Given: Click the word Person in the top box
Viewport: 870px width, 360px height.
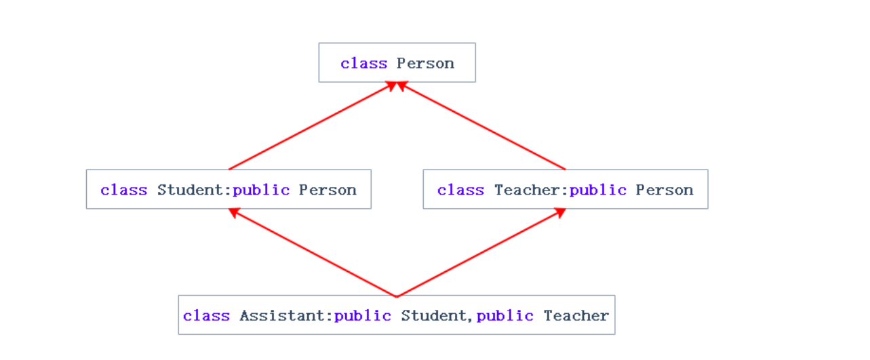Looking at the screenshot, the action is coord(425,64).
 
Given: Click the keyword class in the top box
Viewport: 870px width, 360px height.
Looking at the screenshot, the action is coord(363,64).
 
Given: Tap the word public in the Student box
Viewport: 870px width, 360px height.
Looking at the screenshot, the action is coord(261,190).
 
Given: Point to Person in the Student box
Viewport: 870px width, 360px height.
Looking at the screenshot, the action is coord(328,190).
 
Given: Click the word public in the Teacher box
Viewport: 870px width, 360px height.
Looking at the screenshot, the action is coord(598,190).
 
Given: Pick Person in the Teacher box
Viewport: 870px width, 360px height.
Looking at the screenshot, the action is coord(665,190).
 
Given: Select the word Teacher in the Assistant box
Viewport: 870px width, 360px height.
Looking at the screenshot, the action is coord(576,316).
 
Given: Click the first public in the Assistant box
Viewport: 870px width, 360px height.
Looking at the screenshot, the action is coord(363,316).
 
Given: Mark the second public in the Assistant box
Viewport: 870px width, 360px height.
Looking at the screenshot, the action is coord(505,316).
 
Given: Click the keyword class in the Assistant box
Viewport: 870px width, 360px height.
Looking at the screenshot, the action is coord(206,316).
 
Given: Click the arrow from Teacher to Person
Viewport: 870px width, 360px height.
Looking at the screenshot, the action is coord(483,126).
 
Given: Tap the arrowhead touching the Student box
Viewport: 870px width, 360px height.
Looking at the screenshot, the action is coord(234,213).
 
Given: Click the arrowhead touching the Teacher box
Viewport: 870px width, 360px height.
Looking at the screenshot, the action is coord(560,213).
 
